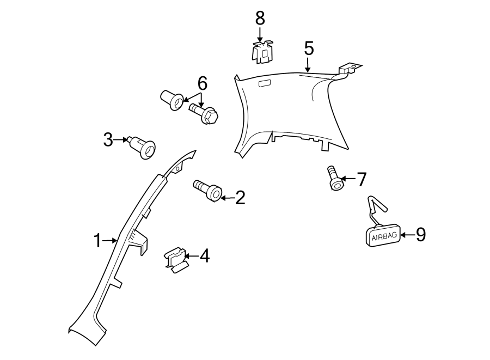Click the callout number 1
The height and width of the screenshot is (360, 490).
click(97, 240)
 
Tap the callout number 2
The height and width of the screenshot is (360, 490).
click(240, 198)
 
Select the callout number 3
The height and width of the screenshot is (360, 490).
click(108, 140)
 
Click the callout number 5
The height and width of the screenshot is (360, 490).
click(309, 49)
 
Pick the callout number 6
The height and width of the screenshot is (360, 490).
click(202, 83)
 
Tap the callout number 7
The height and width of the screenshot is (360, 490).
click(362, 179)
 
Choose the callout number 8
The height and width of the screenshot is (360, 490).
click(260, 18)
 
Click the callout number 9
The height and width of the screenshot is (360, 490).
click(420, 235)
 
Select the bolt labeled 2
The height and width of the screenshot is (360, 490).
click(208, 191)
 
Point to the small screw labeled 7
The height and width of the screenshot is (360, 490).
click(335, 179)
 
